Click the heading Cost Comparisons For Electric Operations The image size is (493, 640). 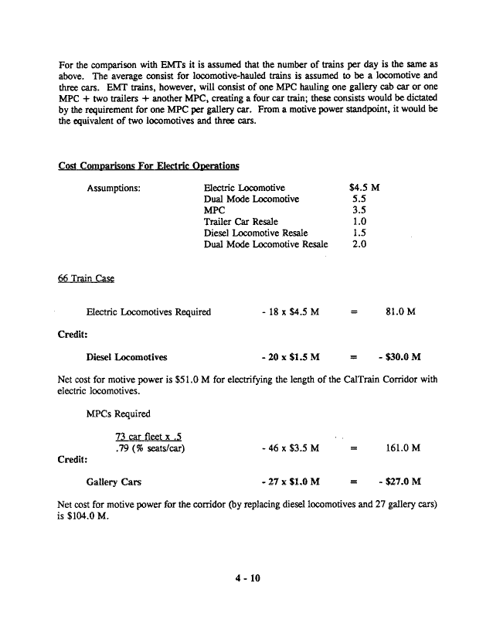click(x=148, y=165)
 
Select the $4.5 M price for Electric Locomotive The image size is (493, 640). click(x=363, y=188)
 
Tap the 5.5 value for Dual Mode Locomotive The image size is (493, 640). click(x=359, y=199)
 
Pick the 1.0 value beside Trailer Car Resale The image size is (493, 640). click(x=359, y=221)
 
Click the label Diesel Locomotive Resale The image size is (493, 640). click(x=255, y=233)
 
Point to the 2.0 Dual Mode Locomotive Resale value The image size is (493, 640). click(x=359, y=244)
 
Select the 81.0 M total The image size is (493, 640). click(x=400, y=311)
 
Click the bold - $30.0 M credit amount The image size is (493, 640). click(x=394, y=357)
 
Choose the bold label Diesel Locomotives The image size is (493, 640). click(x=127, y=357)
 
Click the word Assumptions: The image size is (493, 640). click(x=113, y=188)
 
